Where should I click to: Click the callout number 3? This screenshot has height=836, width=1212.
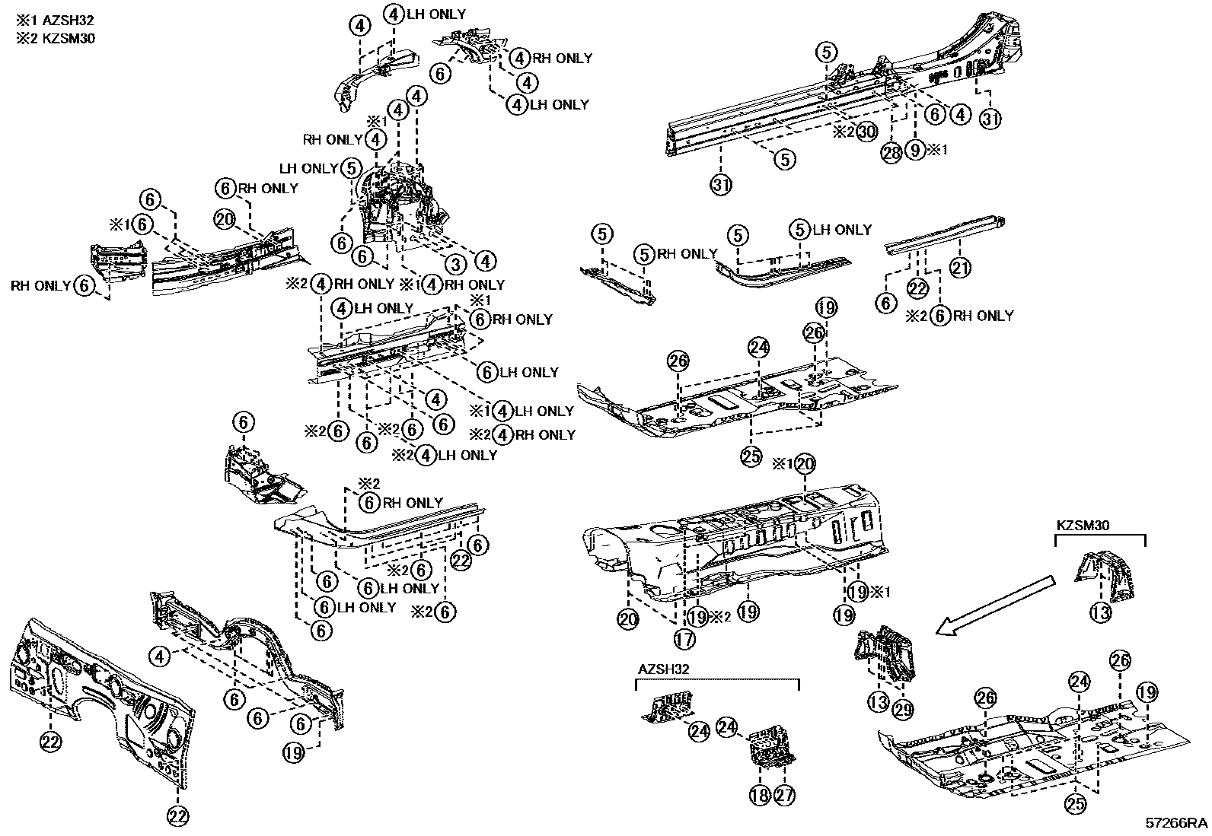coord(454,264)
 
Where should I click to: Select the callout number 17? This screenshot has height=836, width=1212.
coord(684,639)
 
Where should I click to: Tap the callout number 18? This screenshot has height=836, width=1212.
coord(759,795)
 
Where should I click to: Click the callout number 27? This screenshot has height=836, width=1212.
coord(784,795)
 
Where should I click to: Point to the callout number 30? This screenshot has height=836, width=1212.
coord(867,132)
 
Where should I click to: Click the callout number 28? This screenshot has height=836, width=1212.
coord(891,151)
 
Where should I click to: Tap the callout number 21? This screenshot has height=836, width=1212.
coord(962,267)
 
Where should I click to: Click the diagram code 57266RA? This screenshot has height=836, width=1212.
coord(1177,823)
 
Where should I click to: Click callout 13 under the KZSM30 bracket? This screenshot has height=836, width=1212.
coord(1101,612)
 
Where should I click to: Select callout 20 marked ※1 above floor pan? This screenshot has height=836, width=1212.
coord(805,463)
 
